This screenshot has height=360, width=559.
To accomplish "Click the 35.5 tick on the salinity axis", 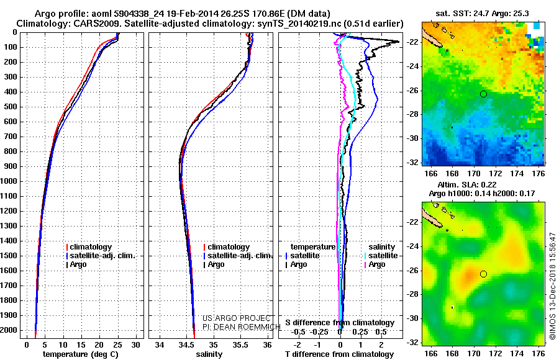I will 240,344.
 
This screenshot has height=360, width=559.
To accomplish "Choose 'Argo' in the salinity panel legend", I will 216,264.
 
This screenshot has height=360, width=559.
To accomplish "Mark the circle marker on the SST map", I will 483,94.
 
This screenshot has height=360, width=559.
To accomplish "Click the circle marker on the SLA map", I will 483,274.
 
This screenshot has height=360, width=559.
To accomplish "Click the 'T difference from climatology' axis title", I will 339,354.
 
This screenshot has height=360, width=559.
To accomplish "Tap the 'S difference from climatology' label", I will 340,323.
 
